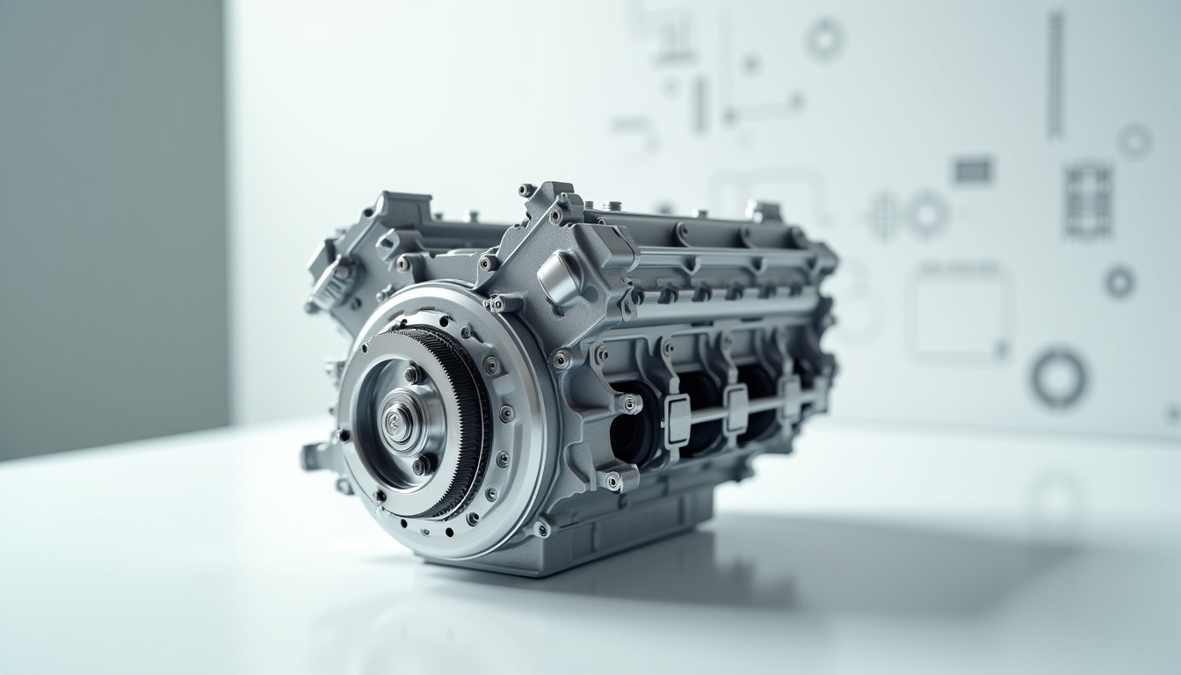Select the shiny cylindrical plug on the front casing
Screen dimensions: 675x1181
(560, 279)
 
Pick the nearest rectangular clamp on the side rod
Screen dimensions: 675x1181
(677, 419)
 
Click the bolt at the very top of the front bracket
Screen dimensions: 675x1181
(526, 189)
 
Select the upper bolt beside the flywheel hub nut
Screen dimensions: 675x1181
(410, 375)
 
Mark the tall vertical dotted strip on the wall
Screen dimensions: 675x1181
(1054, 74)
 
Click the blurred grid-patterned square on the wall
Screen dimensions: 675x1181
(1088, 200)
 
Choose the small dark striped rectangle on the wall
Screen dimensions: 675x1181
(973, 170)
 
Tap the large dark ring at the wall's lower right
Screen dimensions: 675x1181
(1058, 377)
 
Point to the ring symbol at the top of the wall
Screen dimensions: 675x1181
(824, 39)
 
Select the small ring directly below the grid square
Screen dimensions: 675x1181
(1119, 281)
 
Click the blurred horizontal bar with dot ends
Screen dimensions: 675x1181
(762, 109)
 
